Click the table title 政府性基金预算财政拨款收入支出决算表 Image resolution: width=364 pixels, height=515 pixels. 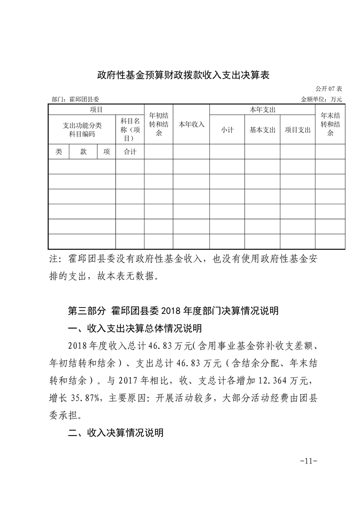182,75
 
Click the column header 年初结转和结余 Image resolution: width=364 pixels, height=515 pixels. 158,124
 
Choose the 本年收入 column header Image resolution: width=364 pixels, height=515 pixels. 191,124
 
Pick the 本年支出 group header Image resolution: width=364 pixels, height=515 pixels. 262,110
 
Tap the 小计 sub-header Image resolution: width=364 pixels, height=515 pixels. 227,130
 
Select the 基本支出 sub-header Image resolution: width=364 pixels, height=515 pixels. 263,130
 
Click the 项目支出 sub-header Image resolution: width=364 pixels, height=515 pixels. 297,130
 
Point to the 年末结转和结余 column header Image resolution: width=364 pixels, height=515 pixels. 330,124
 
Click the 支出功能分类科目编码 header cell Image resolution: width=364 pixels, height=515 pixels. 82,129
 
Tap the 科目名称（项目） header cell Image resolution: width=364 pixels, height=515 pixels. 130,129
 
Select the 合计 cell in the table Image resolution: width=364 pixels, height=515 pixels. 130,152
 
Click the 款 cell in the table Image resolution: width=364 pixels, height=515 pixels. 83,152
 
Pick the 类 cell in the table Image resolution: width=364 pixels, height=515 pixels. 58,152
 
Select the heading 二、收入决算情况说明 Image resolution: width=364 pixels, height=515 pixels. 115,433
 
